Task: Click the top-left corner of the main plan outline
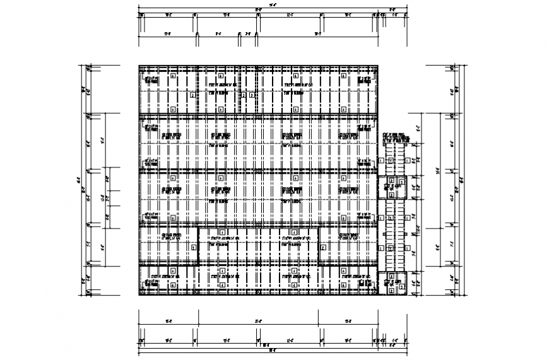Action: [139, 64]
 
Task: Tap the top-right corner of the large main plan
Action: [379, 64]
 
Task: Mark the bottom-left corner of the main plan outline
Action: [139, 295]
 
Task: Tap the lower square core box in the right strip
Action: [395, 282]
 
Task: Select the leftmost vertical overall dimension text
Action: [80, 179]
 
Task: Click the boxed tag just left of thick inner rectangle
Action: [191, 248]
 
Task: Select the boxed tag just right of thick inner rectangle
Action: [323, 248]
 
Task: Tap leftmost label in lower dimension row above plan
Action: [168, 33]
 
